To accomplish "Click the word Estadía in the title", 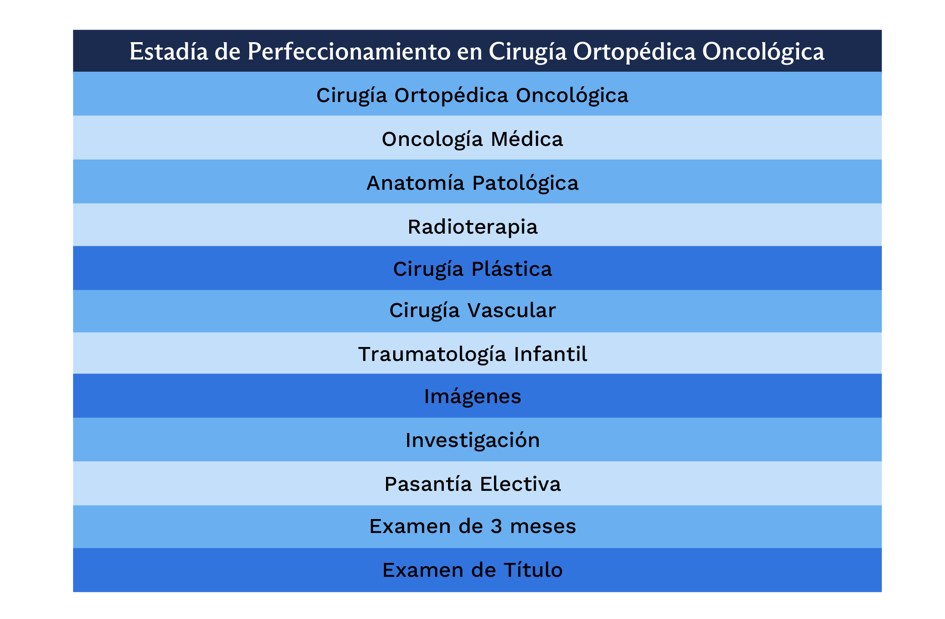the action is tap(169, 51).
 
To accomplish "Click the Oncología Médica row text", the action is tap(472, 139).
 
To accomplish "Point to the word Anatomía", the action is tap(416, 183).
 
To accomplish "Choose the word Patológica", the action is tap(525, 183).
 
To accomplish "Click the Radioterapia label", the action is tap(472, 227).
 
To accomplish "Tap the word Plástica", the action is tap(511, 269).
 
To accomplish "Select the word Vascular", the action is tap(512, 310).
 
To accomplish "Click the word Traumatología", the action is tap(432, 354).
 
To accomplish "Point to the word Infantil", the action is tap(551, 354).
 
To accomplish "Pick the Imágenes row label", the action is tap(472, 396).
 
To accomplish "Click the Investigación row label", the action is tap(472, 440).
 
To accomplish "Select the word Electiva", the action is tap(521, 484).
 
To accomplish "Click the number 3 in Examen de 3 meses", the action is tap(497, 526).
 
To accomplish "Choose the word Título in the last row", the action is tap(533, 570).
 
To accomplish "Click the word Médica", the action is tap(527, 139).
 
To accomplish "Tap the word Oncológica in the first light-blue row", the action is tap(572, 96).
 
